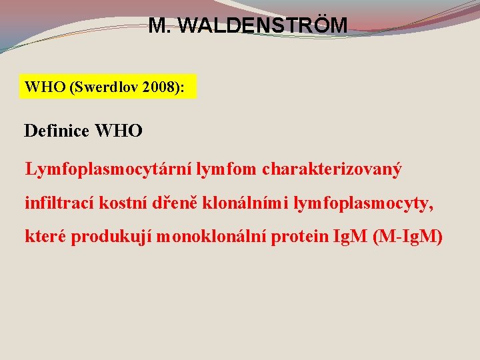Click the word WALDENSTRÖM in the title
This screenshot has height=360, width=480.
[x=264, y=26]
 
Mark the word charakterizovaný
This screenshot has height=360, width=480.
[x=332, y=169]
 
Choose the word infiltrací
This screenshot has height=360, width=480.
[x=60, y=203]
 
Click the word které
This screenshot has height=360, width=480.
[x=45, y=236]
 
